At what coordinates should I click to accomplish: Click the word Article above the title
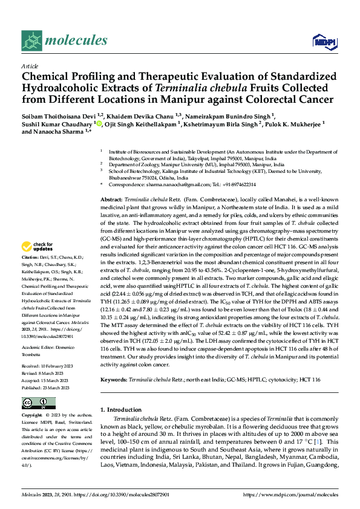coord(30,66)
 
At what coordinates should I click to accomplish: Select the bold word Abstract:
coord(112,199)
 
